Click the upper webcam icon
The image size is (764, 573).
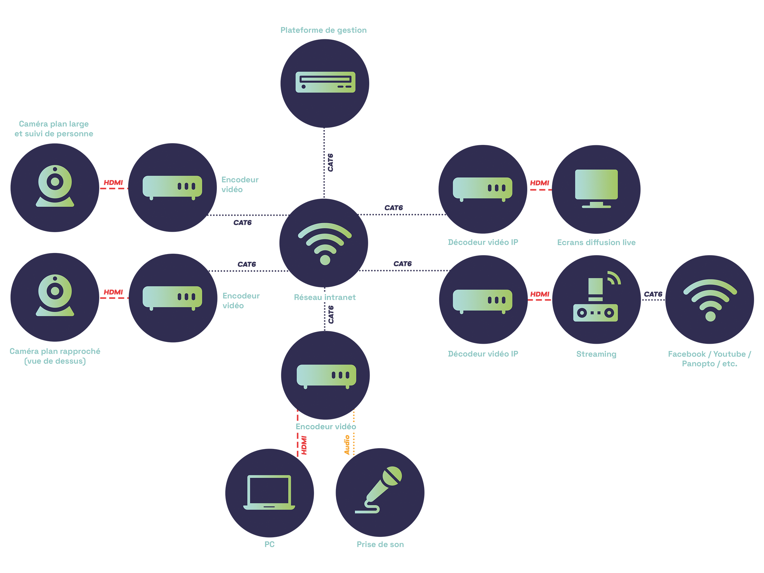point(55,185)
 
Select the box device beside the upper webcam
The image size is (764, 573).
point(172,187)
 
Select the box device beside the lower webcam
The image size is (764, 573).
point(172,297)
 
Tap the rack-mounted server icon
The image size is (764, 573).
point(325,82)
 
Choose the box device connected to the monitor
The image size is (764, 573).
point(482,189)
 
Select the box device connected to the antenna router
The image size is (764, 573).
point(482,301)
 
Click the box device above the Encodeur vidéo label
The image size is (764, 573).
point(326,376)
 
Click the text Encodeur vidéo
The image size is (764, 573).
point(326,427)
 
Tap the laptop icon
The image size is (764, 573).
point(269,492)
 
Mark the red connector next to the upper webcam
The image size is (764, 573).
point(113,181)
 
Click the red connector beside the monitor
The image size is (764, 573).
point(539,177)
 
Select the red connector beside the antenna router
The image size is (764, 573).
point(540,291)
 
